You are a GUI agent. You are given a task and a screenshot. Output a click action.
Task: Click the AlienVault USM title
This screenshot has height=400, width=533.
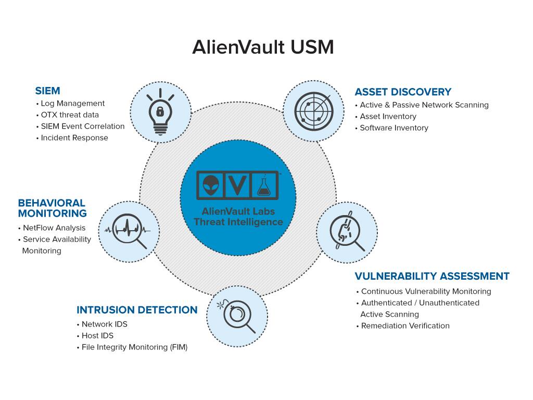[263, 47]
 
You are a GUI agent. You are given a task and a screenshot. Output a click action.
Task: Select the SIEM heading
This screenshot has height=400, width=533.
[47, 91]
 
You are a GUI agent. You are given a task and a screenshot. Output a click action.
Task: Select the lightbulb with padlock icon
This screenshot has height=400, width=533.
[160, 112]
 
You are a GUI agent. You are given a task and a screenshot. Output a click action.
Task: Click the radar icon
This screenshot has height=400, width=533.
[313, 111]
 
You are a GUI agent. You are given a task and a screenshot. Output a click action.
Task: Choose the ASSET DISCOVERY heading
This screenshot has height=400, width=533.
[403, 92]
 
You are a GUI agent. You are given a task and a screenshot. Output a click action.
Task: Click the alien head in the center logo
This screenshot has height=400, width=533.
[211, 185]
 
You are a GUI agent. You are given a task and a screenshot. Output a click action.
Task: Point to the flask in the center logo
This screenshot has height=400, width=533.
[264, 186]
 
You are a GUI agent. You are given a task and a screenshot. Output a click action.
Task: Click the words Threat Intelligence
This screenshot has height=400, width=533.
[238, 222]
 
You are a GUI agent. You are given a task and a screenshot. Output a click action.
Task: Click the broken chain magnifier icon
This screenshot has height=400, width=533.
[347, 231]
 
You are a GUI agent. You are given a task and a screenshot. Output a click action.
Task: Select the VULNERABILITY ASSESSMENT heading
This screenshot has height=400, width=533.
[432, 276]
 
